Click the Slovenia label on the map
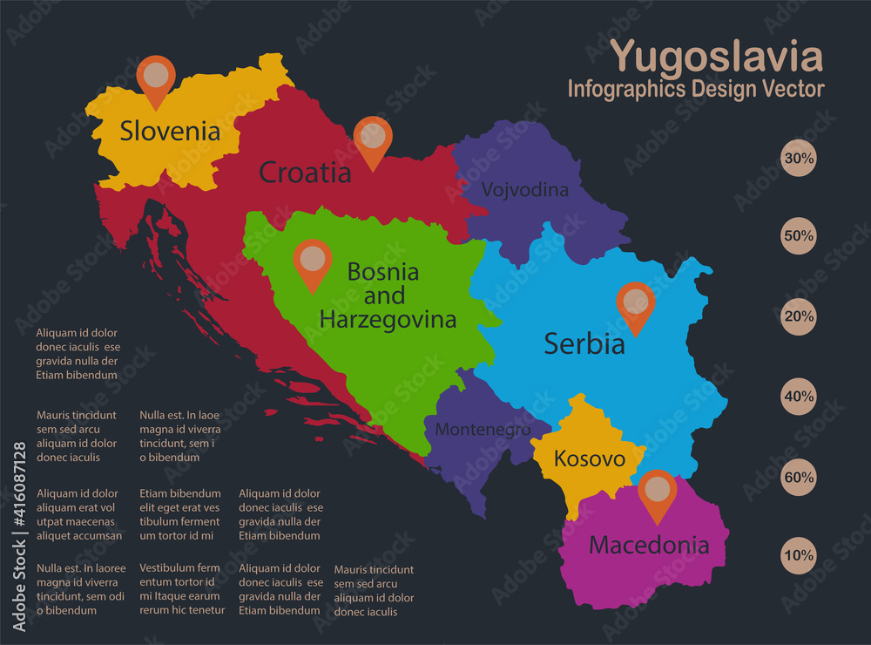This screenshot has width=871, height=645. pyautogui.click(x=170, y=131)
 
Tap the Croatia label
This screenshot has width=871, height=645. pyautogui.click(x=305, y=173)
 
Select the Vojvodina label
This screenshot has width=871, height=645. pyautogui.click(x=525, y=189)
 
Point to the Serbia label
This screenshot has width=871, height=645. pyautogui.click(x=584, y=343)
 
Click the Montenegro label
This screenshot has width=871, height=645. pyautogui.click(x=483, y=429)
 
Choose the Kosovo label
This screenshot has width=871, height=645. pyautogui.click(x=590, y=458)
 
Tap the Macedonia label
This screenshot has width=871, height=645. pyautogui.click(x=649, y=546)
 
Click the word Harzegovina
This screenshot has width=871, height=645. pyautogui.click(x=388, y=320)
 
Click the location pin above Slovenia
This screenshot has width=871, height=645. pyautogui.click(x=156, y=79)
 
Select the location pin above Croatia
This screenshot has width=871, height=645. pyautogui.click(x=373, y=139)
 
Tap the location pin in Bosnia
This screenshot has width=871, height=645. pyautogui.click(x=312, y=262)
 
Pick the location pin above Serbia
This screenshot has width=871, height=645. pyautogui.click(x=635, y=306)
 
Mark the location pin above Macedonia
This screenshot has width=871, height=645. pyautogui.click(x=657, y=493)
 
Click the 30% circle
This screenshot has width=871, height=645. pyautogui.click(x=798, y=159)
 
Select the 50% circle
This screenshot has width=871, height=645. pyautogui.click(x=798, y=236)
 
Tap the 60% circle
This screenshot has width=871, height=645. pyautogui.click(x=798, y=478)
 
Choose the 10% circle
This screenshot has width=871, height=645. pyautogui.click(x=798, y=555)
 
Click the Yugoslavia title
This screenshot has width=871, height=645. pyautogui.click(x=716, y=57)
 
